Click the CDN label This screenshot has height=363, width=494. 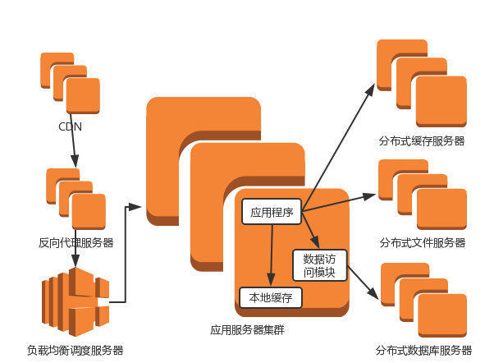coord(70,127)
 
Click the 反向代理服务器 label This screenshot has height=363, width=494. coord(76,242)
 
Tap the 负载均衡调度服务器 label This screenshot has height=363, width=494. coord(75,351)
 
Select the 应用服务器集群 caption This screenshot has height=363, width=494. coord(247,331)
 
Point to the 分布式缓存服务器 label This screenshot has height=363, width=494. coord(422,140)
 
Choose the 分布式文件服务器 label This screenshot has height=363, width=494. coord(423,242)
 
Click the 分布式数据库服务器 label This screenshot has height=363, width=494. coord(424,351)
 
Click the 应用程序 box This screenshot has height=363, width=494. coord(272,212)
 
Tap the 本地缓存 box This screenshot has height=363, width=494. coord(270,296)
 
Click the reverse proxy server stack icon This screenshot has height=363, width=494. coord(76,199)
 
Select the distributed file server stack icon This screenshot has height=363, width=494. coord(422,195)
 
